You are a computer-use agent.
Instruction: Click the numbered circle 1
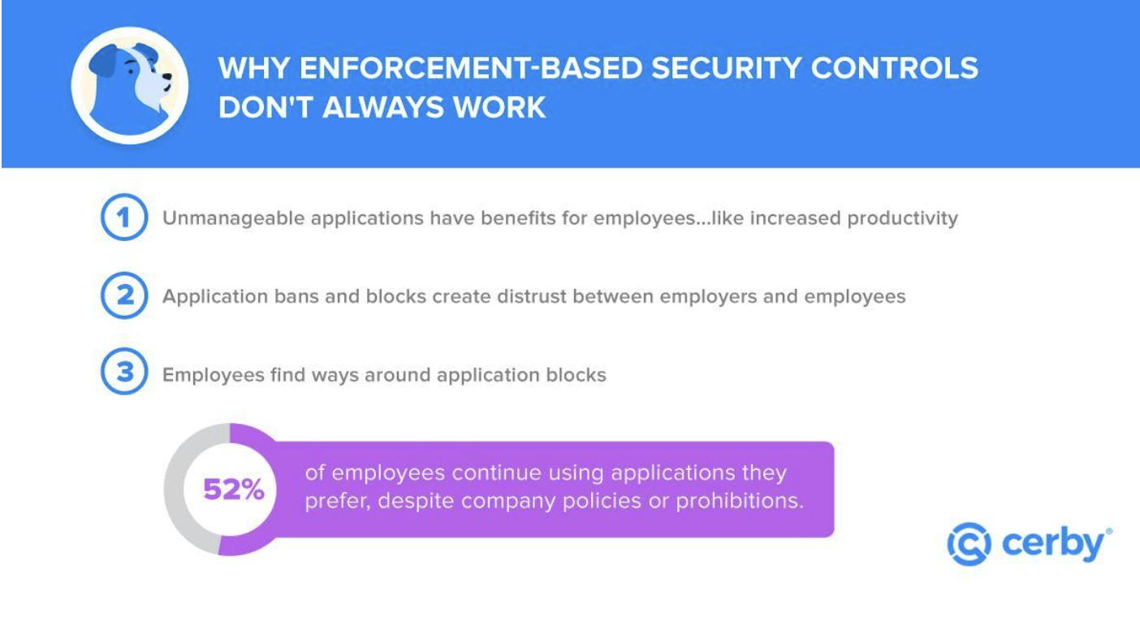pos(123,218)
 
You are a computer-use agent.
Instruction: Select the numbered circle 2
pos(123,295)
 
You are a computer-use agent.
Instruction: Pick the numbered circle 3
pos(123,374)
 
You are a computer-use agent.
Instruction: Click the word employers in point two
pos(706,296)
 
